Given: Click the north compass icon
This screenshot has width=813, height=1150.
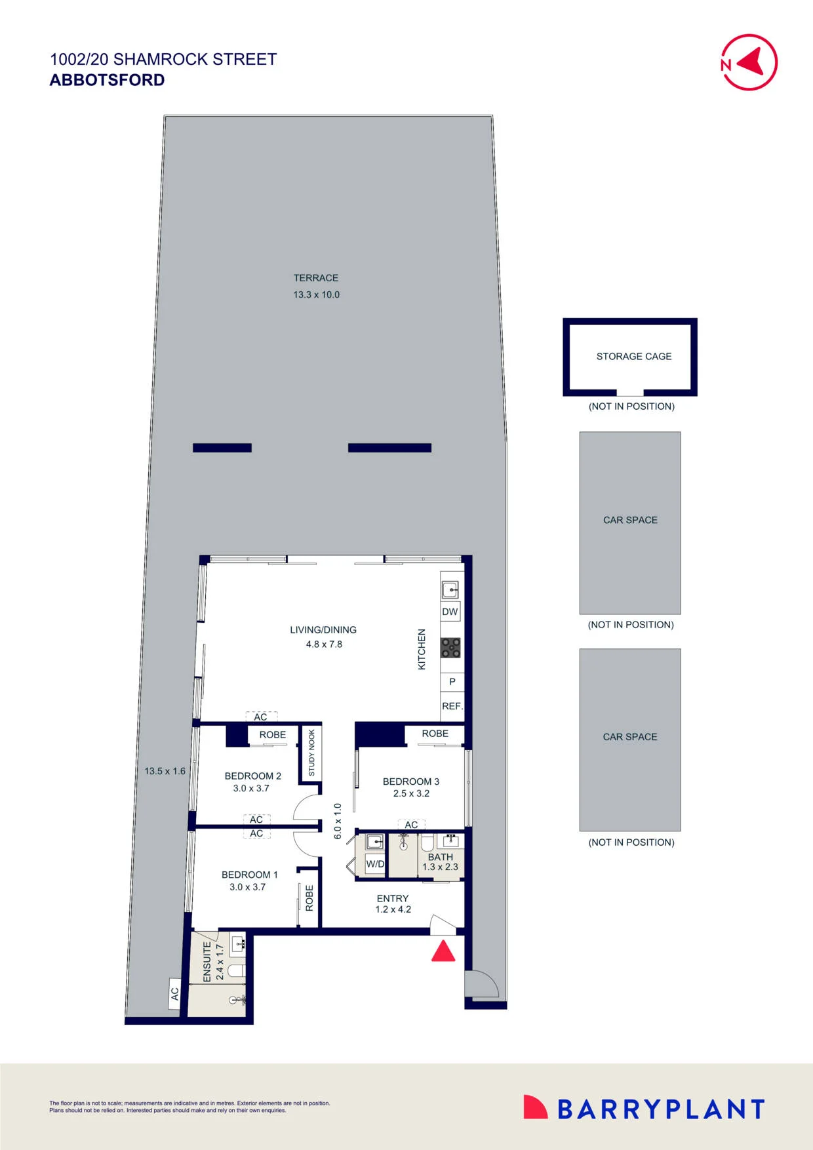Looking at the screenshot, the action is point(749,62).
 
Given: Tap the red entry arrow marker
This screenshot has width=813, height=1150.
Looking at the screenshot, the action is point(443,951).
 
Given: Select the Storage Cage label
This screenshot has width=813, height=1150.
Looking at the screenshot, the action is point(634,357).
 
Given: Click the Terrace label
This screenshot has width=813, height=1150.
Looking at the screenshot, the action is point(316,278).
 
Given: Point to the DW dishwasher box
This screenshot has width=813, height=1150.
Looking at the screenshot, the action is point(450,612).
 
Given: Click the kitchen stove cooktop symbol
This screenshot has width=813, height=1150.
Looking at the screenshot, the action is point(450,648).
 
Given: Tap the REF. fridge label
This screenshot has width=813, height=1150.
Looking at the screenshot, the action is point(452,706).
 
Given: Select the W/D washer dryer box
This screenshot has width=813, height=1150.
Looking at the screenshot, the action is point(376,864).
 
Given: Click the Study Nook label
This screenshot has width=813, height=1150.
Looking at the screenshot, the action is point(311,753).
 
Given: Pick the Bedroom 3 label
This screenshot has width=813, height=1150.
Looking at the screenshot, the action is point(411,782).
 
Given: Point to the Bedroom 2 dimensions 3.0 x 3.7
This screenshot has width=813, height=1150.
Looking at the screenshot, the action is point(251,788).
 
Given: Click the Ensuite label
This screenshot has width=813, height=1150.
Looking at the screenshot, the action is point(207,962).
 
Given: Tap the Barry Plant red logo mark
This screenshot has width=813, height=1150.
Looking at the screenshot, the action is point(535,1107).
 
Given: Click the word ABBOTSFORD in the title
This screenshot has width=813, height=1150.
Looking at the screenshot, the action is point(108,80).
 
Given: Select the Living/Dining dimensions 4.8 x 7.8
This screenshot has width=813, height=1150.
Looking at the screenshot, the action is point(324,644).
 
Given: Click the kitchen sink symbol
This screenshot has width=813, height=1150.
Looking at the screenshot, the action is point(450,589).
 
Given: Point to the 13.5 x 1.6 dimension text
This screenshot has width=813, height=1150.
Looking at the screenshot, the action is point(165,771).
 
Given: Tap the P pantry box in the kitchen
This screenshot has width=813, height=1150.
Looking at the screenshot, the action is point(452,682).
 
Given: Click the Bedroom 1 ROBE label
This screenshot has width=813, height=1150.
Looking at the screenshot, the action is point(309,898).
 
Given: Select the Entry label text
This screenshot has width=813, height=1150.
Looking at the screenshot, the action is point(393,898).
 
